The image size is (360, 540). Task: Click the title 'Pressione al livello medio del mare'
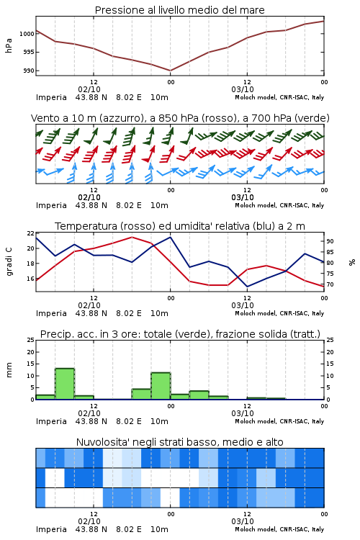(179, 10)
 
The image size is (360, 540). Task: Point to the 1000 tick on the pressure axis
(27, 34)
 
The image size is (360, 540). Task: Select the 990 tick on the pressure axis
(29, 71)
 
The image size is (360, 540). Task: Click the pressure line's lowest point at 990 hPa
(170, 71)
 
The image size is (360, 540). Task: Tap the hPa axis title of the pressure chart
(9, 45)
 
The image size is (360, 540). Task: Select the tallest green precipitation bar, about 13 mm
(65, 384)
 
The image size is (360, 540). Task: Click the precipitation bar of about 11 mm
(161, 386)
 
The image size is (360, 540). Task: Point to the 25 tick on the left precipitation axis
(31, 340)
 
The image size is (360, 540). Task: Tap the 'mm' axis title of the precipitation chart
(9, 370)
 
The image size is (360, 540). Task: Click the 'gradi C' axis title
(9, 262)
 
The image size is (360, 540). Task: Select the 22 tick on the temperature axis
(31, 233)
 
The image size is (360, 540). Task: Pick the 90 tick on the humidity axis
(330, 241)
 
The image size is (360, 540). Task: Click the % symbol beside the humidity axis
(352, 262)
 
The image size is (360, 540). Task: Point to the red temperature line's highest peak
(132, 237)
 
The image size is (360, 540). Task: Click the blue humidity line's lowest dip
(247, 287)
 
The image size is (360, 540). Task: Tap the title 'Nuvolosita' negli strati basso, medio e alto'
(179, 442)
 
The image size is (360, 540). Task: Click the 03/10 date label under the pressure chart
(243, 89)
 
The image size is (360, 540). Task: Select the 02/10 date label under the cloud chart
(89, 521)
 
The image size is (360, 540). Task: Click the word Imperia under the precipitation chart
(51, 421)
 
